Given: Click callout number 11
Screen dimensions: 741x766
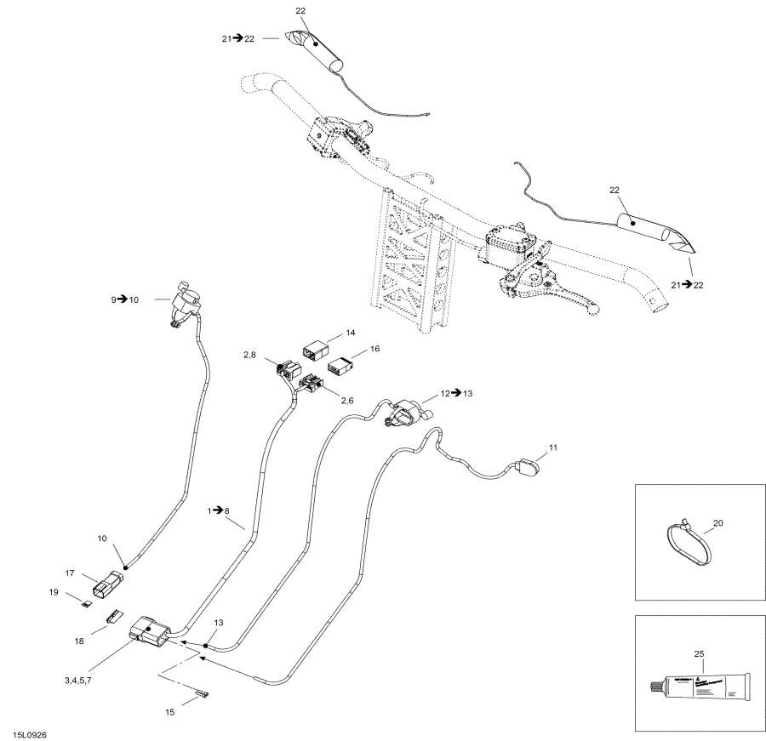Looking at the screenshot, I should [553, 447].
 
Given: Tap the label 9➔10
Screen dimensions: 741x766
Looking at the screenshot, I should [129, 299].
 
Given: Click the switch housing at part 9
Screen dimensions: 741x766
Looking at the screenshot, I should [185, 303].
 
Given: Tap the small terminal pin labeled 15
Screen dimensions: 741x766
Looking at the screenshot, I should [202, 695].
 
